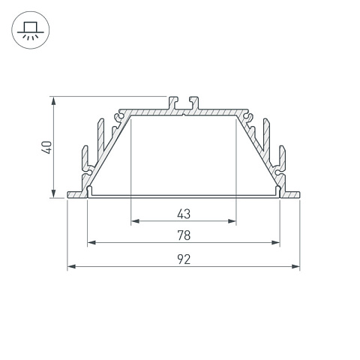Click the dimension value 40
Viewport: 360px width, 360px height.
click(x=46, y=148)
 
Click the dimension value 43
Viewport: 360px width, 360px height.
click(x=184, y=214)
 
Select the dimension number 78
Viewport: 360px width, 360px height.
click(x=184, y=235)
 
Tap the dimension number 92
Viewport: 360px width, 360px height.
click(x=184, y=259)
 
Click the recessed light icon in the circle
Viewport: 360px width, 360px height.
click(x=31, y=30)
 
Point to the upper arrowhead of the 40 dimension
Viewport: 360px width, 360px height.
click(x=53, y=101)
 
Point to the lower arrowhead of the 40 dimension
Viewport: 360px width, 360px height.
click(x=53, y=193)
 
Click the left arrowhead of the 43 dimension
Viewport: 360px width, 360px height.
click(x=135, y=221)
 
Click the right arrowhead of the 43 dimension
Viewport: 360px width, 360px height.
click(x=232, y=221)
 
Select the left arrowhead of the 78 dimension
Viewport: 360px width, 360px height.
click(x=91, y=242)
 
